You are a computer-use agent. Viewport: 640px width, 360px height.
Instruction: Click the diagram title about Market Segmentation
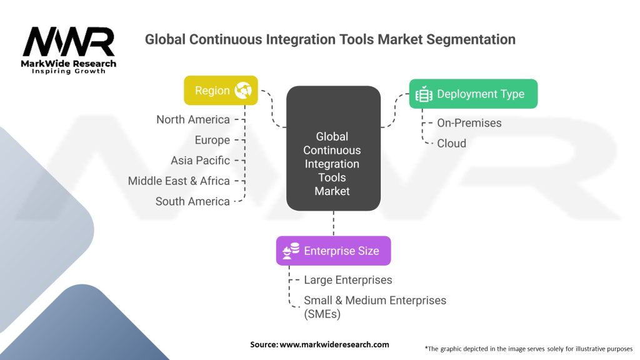pos(330,39)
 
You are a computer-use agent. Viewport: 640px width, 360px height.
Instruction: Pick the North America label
pos(193,119)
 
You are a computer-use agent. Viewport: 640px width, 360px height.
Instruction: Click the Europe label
pos(212,140)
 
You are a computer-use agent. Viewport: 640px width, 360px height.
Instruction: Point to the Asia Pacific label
pos(200,161)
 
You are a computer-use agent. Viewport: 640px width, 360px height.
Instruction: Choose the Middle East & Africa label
pos(179,181)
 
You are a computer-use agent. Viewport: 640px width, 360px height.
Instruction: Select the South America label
pos(192,201)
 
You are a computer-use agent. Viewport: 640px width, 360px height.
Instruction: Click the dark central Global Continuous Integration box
pos(332,149)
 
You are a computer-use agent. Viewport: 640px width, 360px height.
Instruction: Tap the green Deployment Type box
pos(472,94)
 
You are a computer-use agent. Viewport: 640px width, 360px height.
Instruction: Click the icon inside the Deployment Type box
pos(424,94)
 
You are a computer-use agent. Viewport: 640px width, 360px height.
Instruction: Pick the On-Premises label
pos(469,123)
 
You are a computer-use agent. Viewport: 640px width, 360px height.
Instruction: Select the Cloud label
pos(451,143)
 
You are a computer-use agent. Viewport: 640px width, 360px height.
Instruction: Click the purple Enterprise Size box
pos(333,251)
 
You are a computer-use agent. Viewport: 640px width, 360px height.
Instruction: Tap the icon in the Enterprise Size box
pos(291,251)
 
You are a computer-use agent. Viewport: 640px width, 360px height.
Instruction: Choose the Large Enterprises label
pos(347,280)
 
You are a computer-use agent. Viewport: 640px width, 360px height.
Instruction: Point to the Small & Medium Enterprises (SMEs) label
pos(375,307)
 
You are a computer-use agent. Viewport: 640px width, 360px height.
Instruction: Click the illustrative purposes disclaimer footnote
pos(528,348)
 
